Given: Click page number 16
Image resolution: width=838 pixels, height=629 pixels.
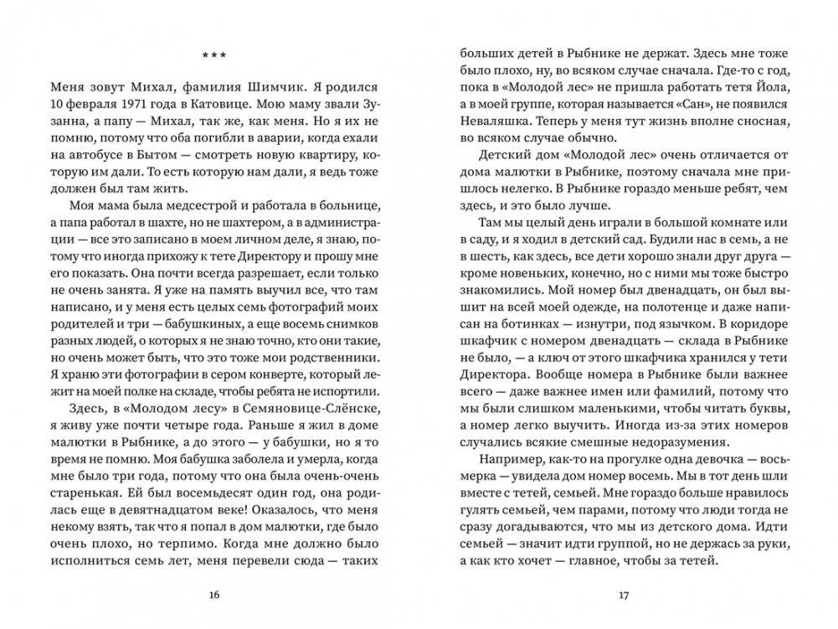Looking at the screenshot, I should pos(213,595).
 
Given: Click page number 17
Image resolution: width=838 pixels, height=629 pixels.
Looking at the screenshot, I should pos(623,595).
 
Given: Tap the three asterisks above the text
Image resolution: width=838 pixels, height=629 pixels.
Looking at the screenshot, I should pos(213,56).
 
